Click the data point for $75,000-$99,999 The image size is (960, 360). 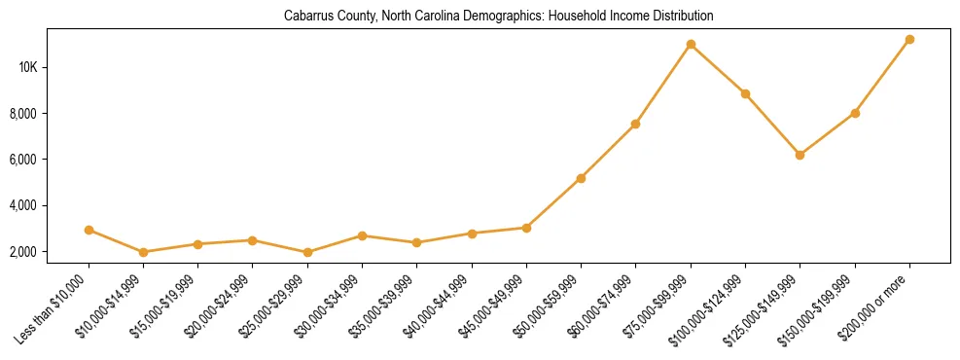pos(691,44)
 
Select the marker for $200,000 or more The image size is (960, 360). pos(909,40)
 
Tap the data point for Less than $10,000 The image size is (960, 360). pos(89,231)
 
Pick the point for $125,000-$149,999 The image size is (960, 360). pos(800,155)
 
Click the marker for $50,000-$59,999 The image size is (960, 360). pos(581,178)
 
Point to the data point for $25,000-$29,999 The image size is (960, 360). pos(307,252)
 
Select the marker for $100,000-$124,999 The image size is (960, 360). pos(745,93)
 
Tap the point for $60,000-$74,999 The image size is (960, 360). pos(635,124)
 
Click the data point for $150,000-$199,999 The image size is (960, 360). pos(855,113)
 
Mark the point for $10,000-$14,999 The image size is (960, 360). pos(144,252)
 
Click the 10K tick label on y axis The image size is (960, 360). pos(27,67)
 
